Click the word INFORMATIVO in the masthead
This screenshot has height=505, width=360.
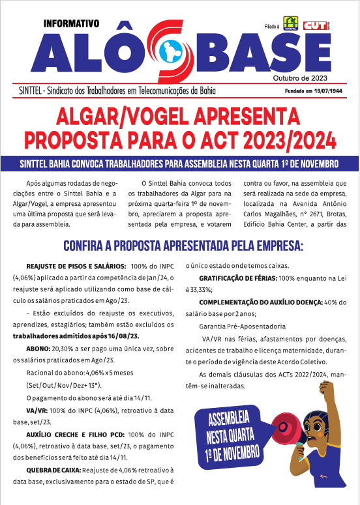pyautogui.click(x=71, y=23)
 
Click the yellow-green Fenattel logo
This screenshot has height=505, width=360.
pyautogui.click(x=290, y=24)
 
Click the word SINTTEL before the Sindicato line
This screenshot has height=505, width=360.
pyautogui.click(x=37, y=91)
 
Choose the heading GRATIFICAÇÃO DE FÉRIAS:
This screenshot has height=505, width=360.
pyautogui.click(x=240, y=278)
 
